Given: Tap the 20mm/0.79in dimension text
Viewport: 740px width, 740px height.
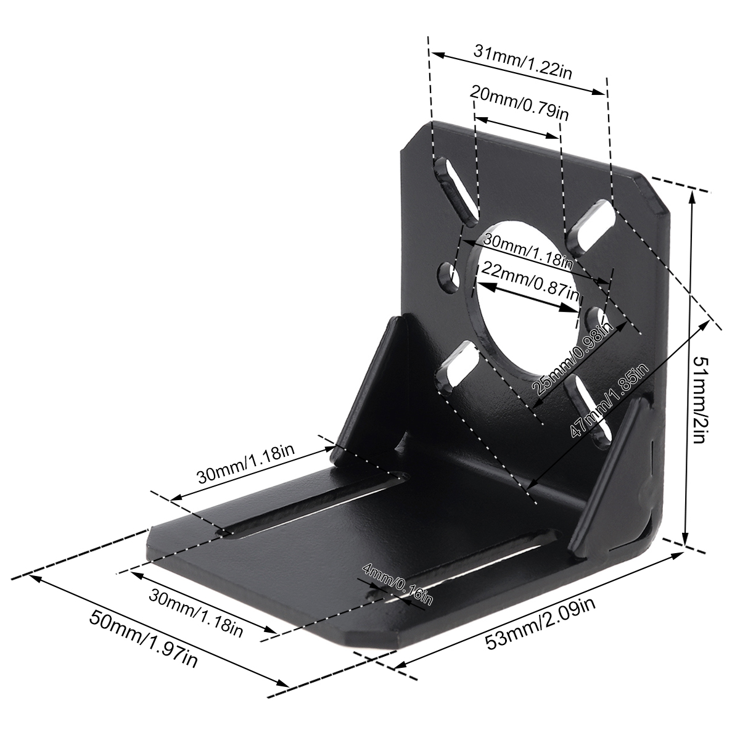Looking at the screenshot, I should pyautogui.click(x=519, y=103).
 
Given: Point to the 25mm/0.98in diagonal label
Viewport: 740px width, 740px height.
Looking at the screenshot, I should pyautogui.click(x=571, y=359).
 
